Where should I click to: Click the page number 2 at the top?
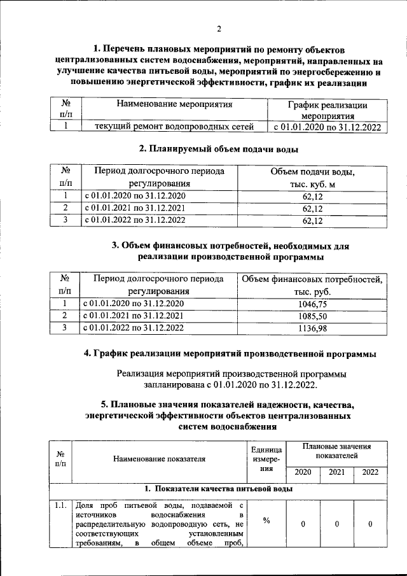[218, 29]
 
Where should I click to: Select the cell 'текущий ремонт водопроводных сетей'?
[174, 127]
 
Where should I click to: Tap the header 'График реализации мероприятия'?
[328, 110]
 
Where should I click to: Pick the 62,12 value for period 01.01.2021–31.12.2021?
[312, 209]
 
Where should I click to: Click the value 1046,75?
[312, 305]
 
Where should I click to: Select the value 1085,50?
[312, 316]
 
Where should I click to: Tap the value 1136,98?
[312, 328]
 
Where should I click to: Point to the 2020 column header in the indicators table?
[303, 472]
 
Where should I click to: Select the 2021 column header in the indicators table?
[337, 472]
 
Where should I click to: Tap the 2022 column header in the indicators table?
[371, 472]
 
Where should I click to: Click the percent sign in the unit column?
[266, 521]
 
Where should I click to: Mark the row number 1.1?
[61, 506]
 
